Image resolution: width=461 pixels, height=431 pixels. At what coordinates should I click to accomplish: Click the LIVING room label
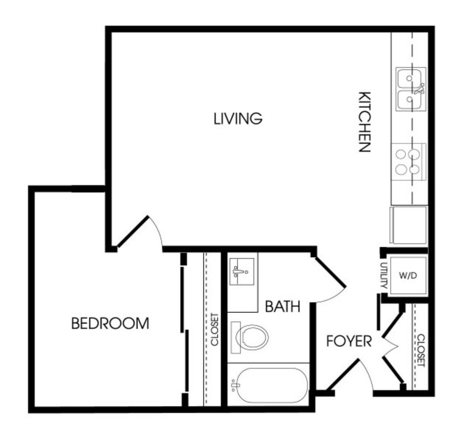point(238,118)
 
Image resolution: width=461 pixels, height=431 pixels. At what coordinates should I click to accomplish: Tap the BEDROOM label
point(110,323)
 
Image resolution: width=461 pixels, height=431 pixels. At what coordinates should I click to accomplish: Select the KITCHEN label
point(365,121)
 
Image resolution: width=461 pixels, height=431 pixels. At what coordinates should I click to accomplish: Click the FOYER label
point(349,341)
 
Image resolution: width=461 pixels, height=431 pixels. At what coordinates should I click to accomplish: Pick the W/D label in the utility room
point(408,276)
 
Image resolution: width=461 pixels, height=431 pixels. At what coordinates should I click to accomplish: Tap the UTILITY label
point(383,275)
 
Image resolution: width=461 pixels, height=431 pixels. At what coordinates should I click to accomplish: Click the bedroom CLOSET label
point(215,329)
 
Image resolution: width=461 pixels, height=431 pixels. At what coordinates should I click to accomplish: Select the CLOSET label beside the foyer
point(421,350)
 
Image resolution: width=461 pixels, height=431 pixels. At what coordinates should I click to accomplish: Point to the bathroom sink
point(242,272)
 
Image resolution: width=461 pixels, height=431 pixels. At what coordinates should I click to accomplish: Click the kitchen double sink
point(411,89)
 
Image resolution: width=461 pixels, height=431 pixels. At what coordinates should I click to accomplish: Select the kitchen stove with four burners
point(409,162)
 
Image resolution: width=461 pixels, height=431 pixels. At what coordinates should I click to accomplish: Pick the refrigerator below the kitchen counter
point(408,225)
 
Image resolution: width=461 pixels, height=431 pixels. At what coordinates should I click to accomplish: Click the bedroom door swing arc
point(156,232)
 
